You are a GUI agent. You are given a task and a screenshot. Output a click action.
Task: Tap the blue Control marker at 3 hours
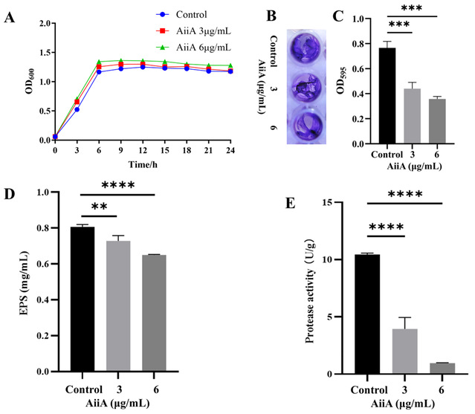(x=77, y=109)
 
